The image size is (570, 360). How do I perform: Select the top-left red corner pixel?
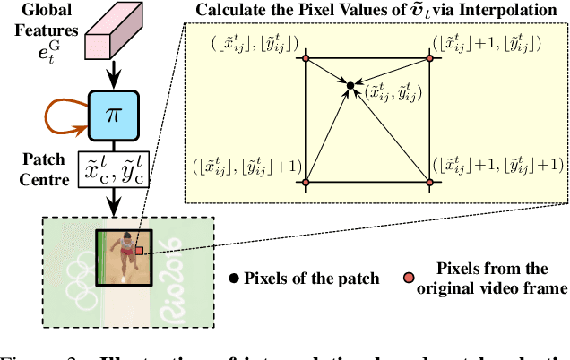[x=306, y=58]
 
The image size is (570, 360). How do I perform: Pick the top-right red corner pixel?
[x=430, y=58]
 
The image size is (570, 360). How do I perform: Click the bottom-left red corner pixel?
[x=306, y=182]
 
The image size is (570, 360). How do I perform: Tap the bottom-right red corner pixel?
[x=430, y=182]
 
